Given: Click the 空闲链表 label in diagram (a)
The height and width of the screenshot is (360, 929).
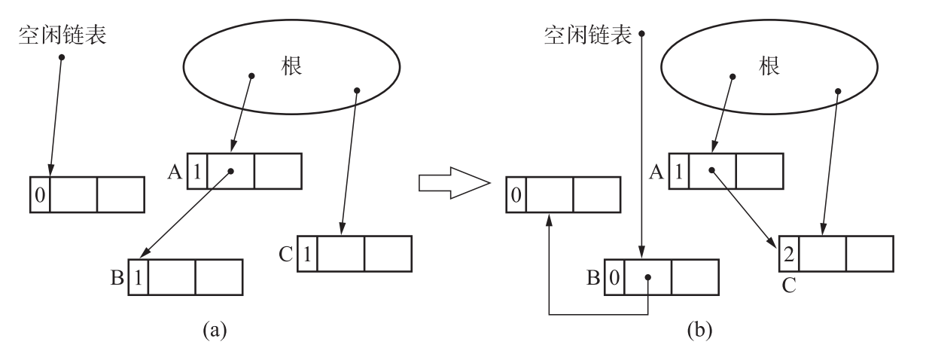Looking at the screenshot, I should tap(62, 35).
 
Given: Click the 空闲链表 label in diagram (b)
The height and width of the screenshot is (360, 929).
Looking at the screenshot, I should tap(588, 35).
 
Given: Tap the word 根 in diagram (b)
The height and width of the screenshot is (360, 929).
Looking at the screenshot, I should tap(769, 66).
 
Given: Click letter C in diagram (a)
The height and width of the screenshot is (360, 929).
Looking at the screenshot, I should tap(287, 254).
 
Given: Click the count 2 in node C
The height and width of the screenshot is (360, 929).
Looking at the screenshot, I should tap(788, 254).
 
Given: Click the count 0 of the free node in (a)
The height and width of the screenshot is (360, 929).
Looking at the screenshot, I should tap(40, 195).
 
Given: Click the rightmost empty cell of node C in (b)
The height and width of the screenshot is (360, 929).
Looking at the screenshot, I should tap(870, 254).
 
